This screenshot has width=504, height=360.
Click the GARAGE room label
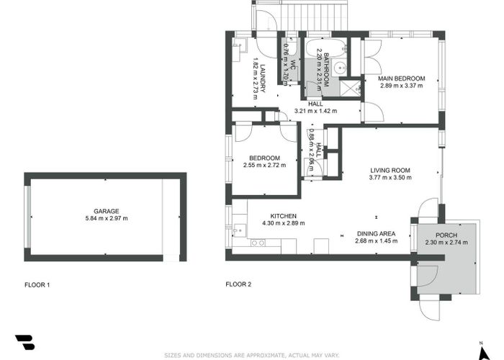click(107, 211)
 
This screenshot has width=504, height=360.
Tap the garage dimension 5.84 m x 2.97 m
click(107, 218)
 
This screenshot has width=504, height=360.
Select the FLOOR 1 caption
click(37, 285)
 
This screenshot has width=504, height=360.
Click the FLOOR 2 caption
click(238, 284)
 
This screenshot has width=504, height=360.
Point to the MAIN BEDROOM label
click(402, 78)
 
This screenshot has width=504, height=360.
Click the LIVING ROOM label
click(390, 171)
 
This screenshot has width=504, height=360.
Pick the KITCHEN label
click(283, 216)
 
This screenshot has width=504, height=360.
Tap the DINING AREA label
click(377, 234)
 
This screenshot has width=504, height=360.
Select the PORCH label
click(446, 235)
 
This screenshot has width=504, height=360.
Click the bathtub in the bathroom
click(326, 48)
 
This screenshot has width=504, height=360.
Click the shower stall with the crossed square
click(350, 88)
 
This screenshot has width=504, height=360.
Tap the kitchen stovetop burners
click(258, 243)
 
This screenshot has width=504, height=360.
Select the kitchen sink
click(240, 230)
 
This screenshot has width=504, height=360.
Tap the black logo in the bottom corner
click(25, 342)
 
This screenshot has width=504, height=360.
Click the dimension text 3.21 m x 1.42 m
click(315, 111)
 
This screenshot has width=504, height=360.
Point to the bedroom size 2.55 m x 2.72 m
click(264, 165)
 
